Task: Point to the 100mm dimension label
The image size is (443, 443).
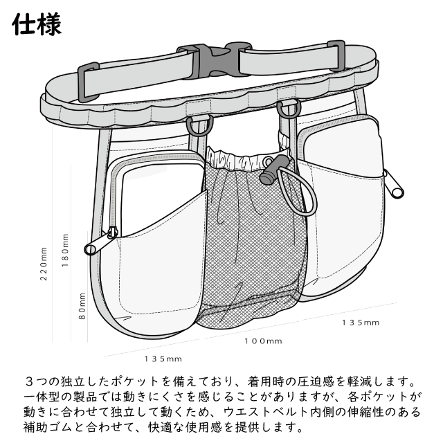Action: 263,341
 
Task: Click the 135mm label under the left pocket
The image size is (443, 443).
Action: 164,359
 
